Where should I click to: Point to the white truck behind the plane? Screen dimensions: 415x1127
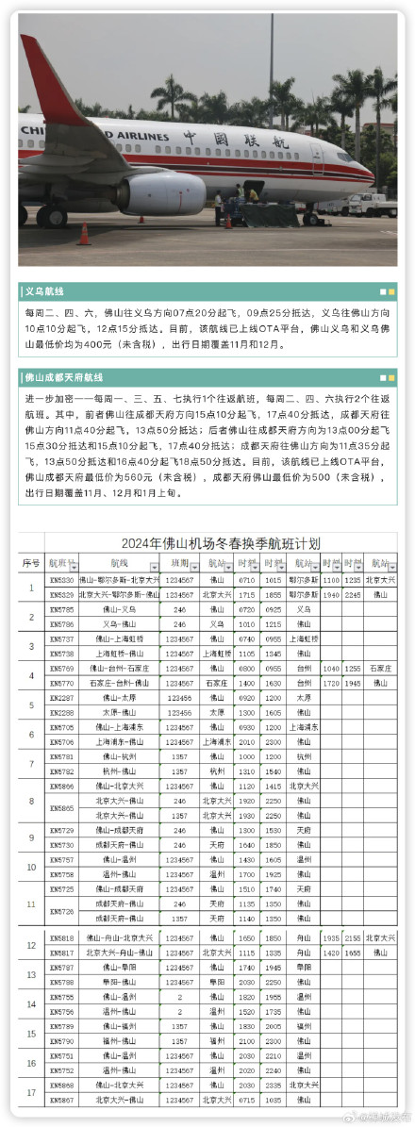point(372,203)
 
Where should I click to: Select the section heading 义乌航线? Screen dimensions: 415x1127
point(47,292)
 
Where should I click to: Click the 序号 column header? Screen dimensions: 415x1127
point(31,563)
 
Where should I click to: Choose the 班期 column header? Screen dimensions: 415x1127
point(179,563)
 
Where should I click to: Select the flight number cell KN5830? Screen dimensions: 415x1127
point(61,580)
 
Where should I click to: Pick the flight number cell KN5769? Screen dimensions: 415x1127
point(61,668)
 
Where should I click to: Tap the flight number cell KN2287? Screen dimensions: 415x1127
point(61,697)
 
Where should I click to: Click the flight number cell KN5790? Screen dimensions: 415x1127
point(61,1040)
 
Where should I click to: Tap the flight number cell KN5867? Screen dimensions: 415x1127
point(61,1099)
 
